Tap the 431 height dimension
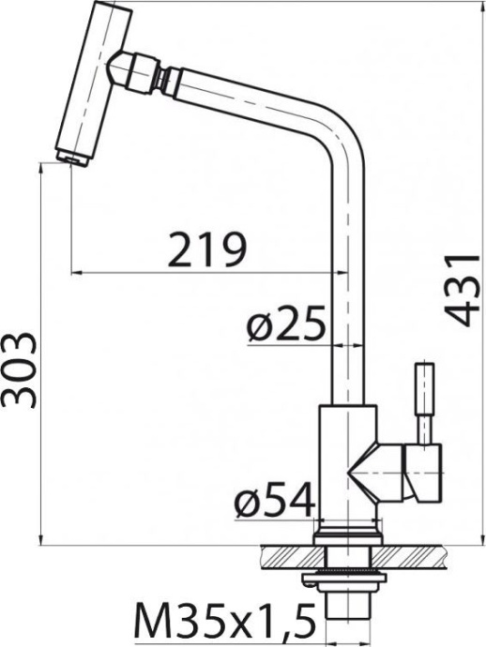[460, 288]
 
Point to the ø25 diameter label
[285, 325]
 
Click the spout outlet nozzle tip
[71, 158]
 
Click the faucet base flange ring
[347, 535]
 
